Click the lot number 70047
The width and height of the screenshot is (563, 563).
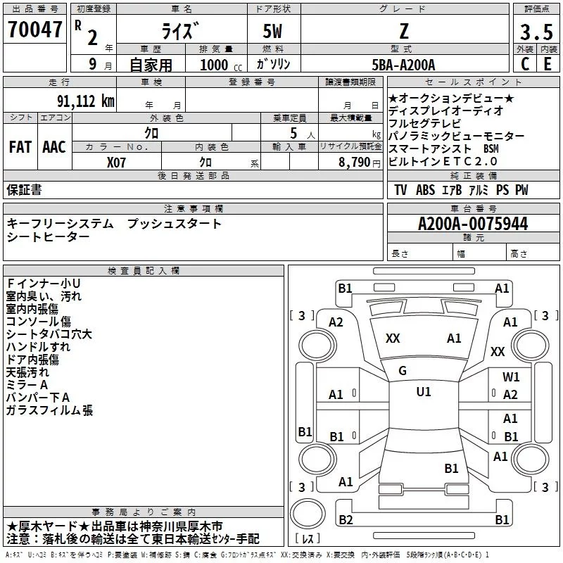click(34, 29)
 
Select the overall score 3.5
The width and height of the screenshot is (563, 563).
click(536, 32)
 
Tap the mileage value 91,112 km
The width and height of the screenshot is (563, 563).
click(85, 101)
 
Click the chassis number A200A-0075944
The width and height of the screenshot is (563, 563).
click(473, 224)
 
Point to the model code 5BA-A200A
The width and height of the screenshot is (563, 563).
click(403, 65)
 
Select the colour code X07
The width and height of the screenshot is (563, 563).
click(116, 163)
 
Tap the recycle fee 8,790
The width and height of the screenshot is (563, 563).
click(354, 163)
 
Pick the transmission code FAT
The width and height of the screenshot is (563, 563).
click(20, 147)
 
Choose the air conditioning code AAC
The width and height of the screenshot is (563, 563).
click(54, 147)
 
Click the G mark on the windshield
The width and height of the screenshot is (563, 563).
click(403, 371)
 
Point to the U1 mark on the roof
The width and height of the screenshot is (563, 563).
click(424, 391)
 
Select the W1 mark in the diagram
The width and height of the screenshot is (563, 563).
click(511, 377)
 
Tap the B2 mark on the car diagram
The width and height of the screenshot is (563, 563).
click(346, 519)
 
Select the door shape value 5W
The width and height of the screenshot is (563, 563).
click(272, 31)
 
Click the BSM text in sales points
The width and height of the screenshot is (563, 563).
click(491, 148)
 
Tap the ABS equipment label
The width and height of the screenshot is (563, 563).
click(425, 190)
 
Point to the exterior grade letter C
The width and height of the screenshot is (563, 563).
click(525, 64)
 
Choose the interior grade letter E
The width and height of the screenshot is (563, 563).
click(548, 64)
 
